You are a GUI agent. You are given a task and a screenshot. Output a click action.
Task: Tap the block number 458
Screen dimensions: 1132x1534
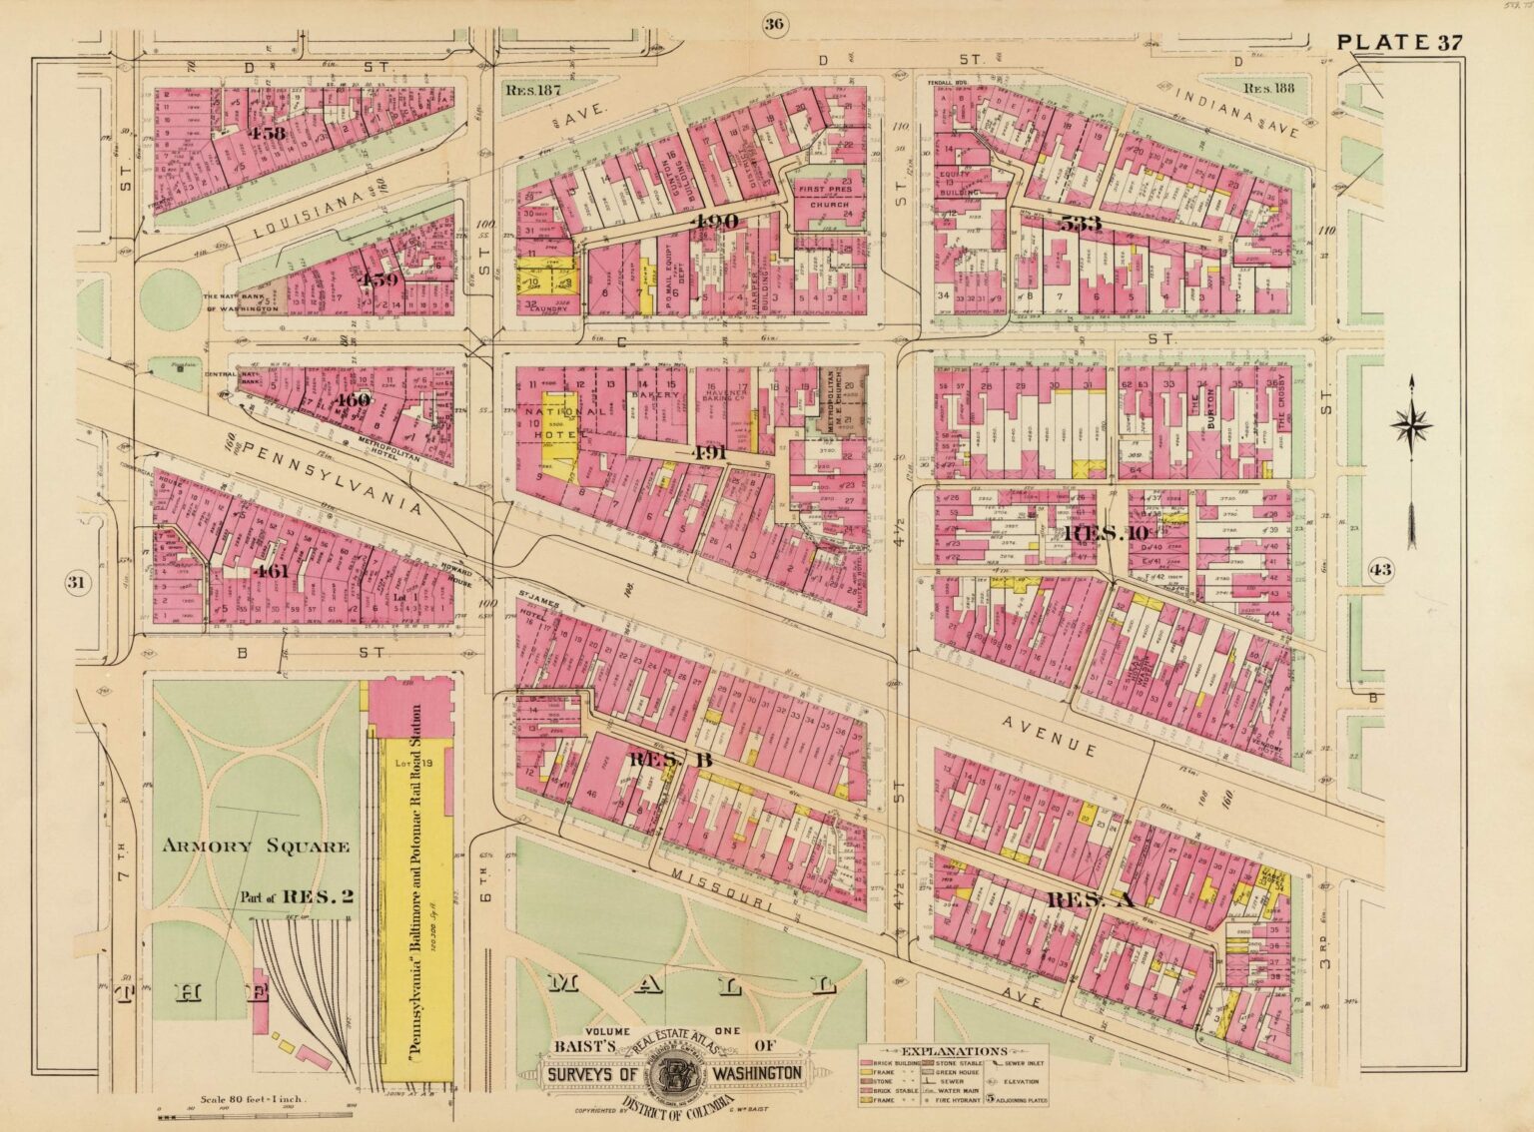click(241, 133)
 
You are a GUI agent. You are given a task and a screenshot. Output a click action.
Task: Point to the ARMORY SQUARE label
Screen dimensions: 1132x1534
click(257, 848)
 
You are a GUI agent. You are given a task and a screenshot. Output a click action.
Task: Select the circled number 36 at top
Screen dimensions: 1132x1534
click(772, 25)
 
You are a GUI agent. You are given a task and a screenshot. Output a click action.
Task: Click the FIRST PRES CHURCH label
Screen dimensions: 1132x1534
click(821, 196)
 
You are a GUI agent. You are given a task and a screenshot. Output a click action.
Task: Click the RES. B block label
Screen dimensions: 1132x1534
click(656, 760)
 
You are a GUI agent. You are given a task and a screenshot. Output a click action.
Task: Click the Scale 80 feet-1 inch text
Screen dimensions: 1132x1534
click(257, 1098)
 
